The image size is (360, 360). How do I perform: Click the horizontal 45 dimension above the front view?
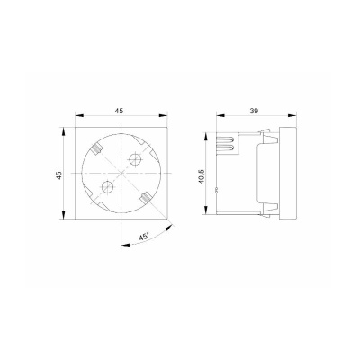tap(119, 111)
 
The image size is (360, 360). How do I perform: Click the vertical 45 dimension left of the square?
tap(59, 175)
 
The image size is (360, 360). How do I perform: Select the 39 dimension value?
tap(254, 111)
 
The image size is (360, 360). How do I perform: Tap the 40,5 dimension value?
tap(202, 176)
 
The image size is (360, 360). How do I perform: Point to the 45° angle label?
tap(144, 237)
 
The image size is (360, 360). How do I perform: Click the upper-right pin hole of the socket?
tap(135, 159)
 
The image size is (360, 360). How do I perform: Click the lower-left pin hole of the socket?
tap(107, 187)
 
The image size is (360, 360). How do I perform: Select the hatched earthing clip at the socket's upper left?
tap(97, 148)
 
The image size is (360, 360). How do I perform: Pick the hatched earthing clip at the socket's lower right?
tap(146, 197)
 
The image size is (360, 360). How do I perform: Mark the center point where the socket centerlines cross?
tap(121, 173)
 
